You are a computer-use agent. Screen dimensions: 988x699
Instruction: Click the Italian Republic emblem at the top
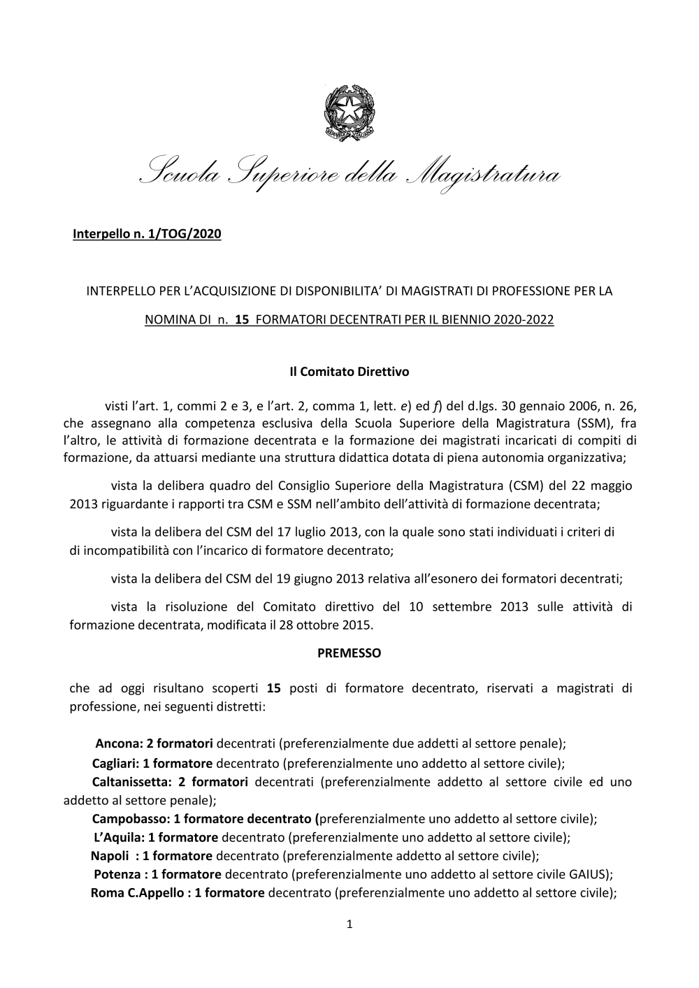click(x=349, y=112)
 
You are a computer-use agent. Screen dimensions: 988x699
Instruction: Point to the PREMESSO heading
click(x=349, y=653)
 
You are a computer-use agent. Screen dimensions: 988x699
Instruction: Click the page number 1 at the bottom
click(x=349, y=925)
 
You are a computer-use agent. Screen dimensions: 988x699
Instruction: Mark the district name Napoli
click(x=110, y=855)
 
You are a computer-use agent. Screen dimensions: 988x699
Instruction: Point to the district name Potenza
click(x=117, y=874)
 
